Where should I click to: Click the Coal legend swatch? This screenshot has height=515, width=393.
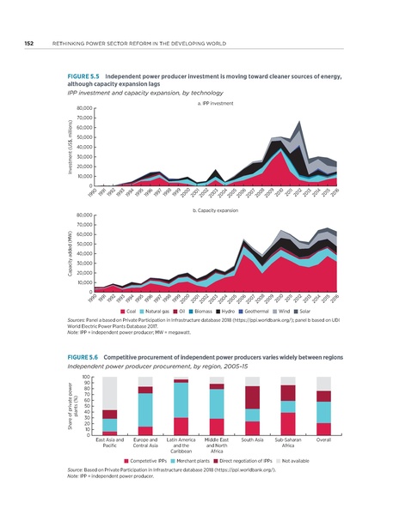point(122,311)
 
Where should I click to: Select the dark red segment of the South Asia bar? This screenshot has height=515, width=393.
point(252,397)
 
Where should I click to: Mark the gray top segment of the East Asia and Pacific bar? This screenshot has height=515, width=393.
point(109,393)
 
